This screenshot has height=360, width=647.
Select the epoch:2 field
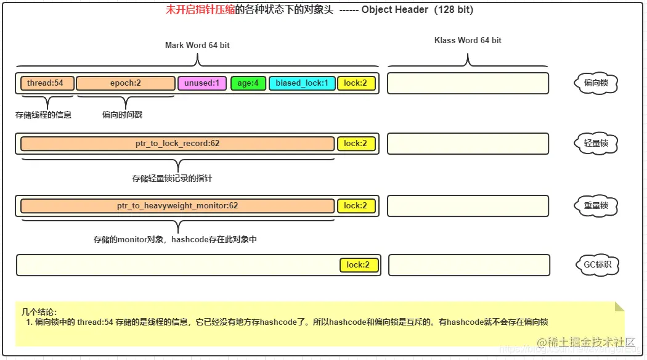(126, 83)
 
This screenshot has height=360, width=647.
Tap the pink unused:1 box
(202, 83)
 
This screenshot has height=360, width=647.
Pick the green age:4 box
(248, 83)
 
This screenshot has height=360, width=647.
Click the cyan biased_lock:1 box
(301, 83)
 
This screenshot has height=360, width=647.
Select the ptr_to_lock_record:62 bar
(177, 144)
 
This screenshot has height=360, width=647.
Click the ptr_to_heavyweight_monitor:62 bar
(177, 205)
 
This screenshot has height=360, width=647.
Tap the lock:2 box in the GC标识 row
(358, 265)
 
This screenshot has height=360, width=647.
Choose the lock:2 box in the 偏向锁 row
(356, 83)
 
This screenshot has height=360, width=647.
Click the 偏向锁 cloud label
(596, 83)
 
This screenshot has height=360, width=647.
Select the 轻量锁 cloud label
(596, 144)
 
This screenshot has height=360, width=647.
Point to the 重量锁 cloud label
(596, 205)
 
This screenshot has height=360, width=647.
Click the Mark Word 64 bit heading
(197, 46)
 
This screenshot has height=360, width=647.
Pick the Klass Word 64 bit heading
(468, 41)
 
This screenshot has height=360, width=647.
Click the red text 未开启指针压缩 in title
(200, 10)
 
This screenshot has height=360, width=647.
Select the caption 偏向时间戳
(122, 115)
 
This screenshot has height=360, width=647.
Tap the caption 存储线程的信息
(43, 115)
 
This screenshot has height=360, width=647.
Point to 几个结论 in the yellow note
(39, 313)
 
